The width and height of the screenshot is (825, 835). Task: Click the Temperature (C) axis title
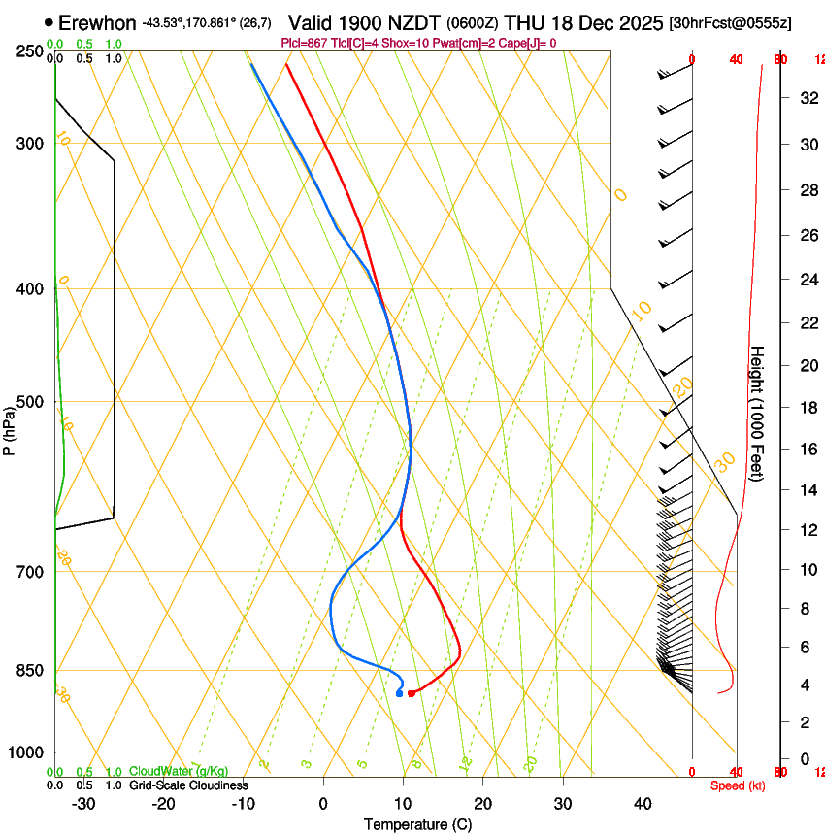click(418, 825)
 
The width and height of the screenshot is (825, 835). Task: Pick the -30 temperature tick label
click(83, 804)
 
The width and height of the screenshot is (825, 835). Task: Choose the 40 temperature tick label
click(643, 804)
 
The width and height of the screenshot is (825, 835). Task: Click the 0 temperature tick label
click(323, 804)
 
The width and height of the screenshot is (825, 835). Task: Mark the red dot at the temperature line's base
click(412, 693)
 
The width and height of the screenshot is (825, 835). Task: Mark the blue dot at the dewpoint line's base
click(399, 693)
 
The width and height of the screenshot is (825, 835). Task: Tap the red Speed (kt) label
click(738, 785)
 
